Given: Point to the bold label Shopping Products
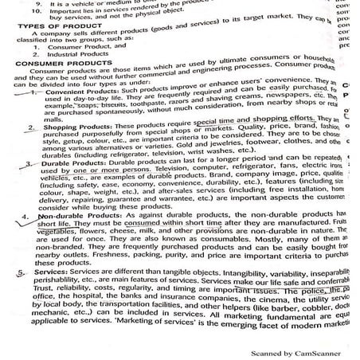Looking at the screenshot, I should pyautogui.click(x=69, y=149).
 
